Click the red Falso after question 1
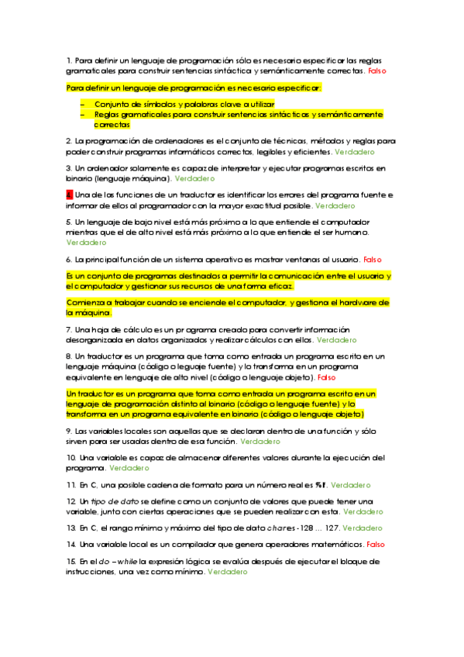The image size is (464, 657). pos(376,71)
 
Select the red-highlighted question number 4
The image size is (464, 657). pos(69,194)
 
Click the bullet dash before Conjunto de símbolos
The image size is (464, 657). pos(83,103)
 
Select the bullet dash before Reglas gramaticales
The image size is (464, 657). pos(83,114)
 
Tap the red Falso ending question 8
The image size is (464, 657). pos(326,377)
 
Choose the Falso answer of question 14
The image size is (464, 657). pos(376,545)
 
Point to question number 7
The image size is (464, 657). pos(69,329)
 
